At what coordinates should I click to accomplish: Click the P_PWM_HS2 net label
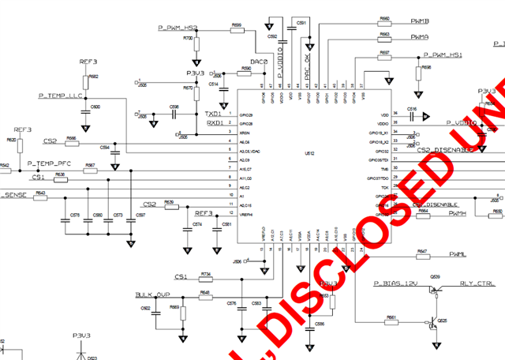(x=178, y=28)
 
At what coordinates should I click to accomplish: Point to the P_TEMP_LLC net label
(x=61, y=96)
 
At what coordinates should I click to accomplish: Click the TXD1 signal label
(x=213, y=114)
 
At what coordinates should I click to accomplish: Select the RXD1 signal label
(x=213, y=123)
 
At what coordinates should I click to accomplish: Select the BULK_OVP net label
(x=153, y=294)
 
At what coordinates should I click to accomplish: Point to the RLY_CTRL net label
(x=477, y=283)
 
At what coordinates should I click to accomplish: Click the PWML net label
(x=458, y=254)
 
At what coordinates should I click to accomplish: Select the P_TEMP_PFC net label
(x=50, y=163)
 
